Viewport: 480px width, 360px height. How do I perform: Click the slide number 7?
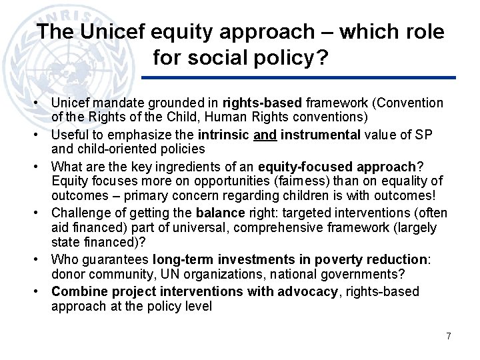tap(449, 336)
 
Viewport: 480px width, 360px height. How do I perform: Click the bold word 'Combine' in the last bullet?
tap(76, 291)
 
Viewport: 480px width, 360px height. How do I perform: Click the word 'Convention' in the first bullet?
tap(408, 103)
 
